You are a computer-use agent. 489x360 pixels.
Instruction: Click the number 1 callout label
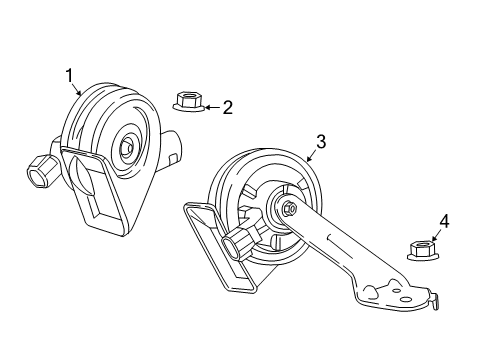pos(70,74)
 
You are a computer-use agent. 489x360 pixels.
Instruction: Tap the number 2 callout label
pos(227,107)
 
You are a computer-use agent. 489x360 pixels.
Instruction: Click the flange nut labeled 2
pos(188,101)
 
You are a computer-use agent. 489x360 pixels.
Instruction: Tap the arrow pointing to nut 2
pos(209,105)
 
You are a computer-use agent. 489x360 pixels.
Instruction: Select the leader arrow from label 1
pos(77,87)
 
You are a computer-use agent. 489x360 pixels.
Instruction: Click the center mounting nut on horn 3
pos(287,209)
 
